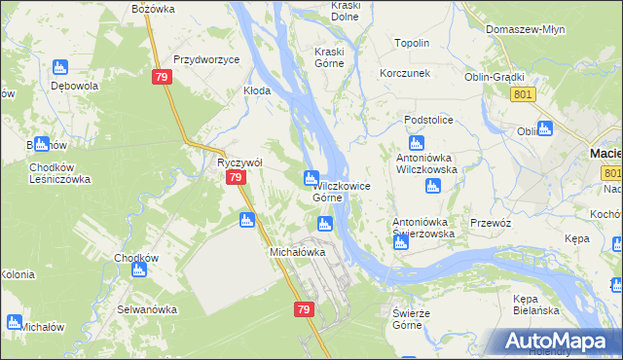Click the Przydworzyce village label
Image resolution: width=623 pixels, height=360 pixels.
(206, 59)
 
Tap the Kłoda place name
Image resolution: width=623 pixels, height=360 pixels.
(256, 90)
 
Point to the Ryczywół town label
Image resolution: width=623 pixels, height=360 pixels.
(237, 162)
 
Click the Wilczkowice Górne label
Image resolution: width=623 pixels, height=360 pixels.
(327, 191)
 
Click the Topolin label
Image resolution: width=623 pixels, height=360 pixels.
(412, 44)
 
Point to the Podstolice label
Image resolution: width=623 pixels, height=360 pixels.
(431, 119)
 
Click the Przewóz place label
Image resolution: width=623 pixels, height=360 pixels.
(491, 222)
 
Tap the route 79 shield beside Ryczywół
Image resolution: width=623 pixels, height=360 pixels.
(235, 178)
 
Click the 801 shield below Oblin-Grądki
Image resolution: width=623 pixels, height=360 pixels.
(522, 93)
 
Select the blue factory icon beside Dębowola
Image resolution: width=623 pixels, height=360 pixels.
(60, 67)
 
